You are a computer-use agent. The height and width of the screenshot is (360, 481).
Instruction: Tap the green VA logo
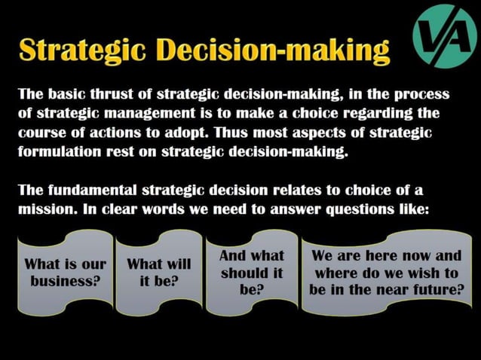pos(445,35)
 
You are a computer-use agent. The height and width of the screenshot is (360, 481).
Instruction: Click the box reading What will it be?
pos(158,273)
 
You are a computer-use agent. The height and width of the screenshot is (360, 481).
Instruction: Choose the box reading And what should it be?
pos(251,273)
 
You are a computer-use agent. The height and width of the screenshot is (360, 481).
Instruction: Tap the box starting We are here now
pos(386,273)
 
